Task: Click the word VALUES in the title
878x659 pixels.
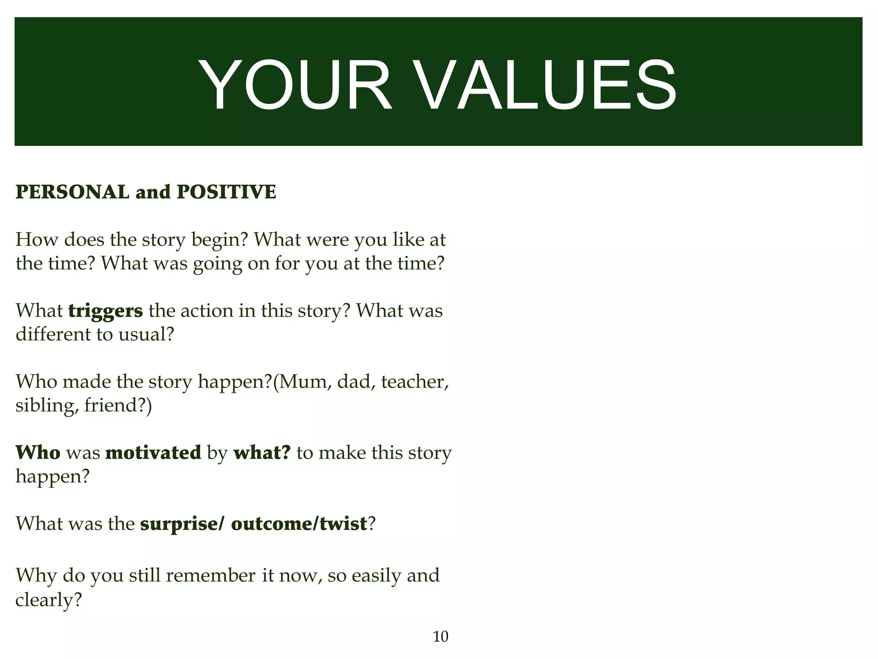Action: click(546, 86)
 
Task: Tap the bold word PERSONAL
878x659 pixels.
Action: click(72, 192)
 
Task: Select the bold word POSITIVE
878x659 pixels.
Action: click(226, 192)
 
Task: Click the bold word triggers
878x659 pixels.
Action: click(105, 311)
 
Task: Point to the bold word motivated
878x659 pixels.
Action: click(153, 452)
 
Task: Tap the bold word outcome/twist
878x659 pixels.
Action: click(299, 524)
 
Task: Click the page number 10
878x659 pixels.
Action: click(440, 637)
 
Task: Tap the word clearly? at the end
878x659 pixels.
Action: click(48, 599)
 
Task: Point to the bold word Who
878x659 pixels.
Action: click(38, 452)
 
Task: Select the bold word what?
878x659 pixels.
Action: click(262, 452)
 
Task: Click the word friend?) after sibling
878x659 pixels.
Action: click(118, 405)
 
